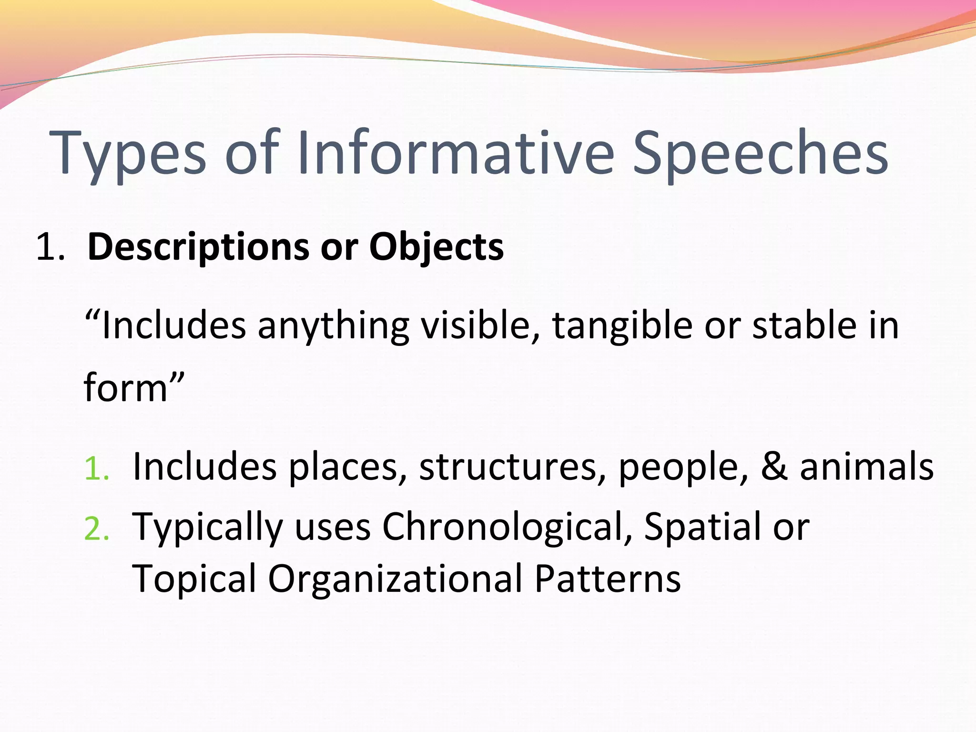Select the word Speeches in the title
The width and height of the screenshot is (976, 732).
[x=760, y=153]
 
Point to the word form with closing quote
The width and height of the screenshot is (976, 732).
[x=133, y=387]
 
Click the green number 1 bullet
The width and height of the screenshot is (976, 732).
[x=96, y=469]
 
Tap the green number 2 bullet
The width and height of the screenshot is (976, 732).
[x=96, y=530]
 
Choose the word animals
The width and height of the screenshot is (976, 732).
[x=866, y=467]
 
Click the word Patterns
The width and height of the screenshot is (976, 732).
[x=608, y=579]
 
